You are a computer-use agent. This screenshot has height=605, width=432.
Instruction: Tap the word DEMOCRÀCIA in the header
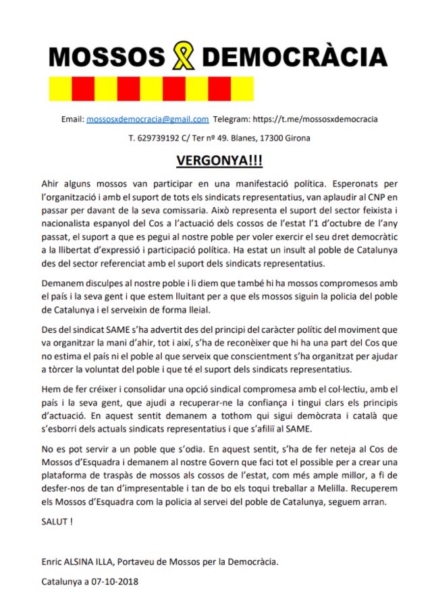point(295,56)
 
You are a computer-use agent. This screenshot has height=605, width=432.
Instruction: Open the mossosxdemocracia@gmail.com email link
point(147,120)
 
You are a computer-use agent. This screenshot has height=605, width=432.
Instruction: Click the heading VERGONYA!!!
point(215,162)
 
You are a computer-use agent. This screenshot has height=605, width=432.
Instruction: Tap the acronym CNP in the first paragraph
point(363,197)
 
